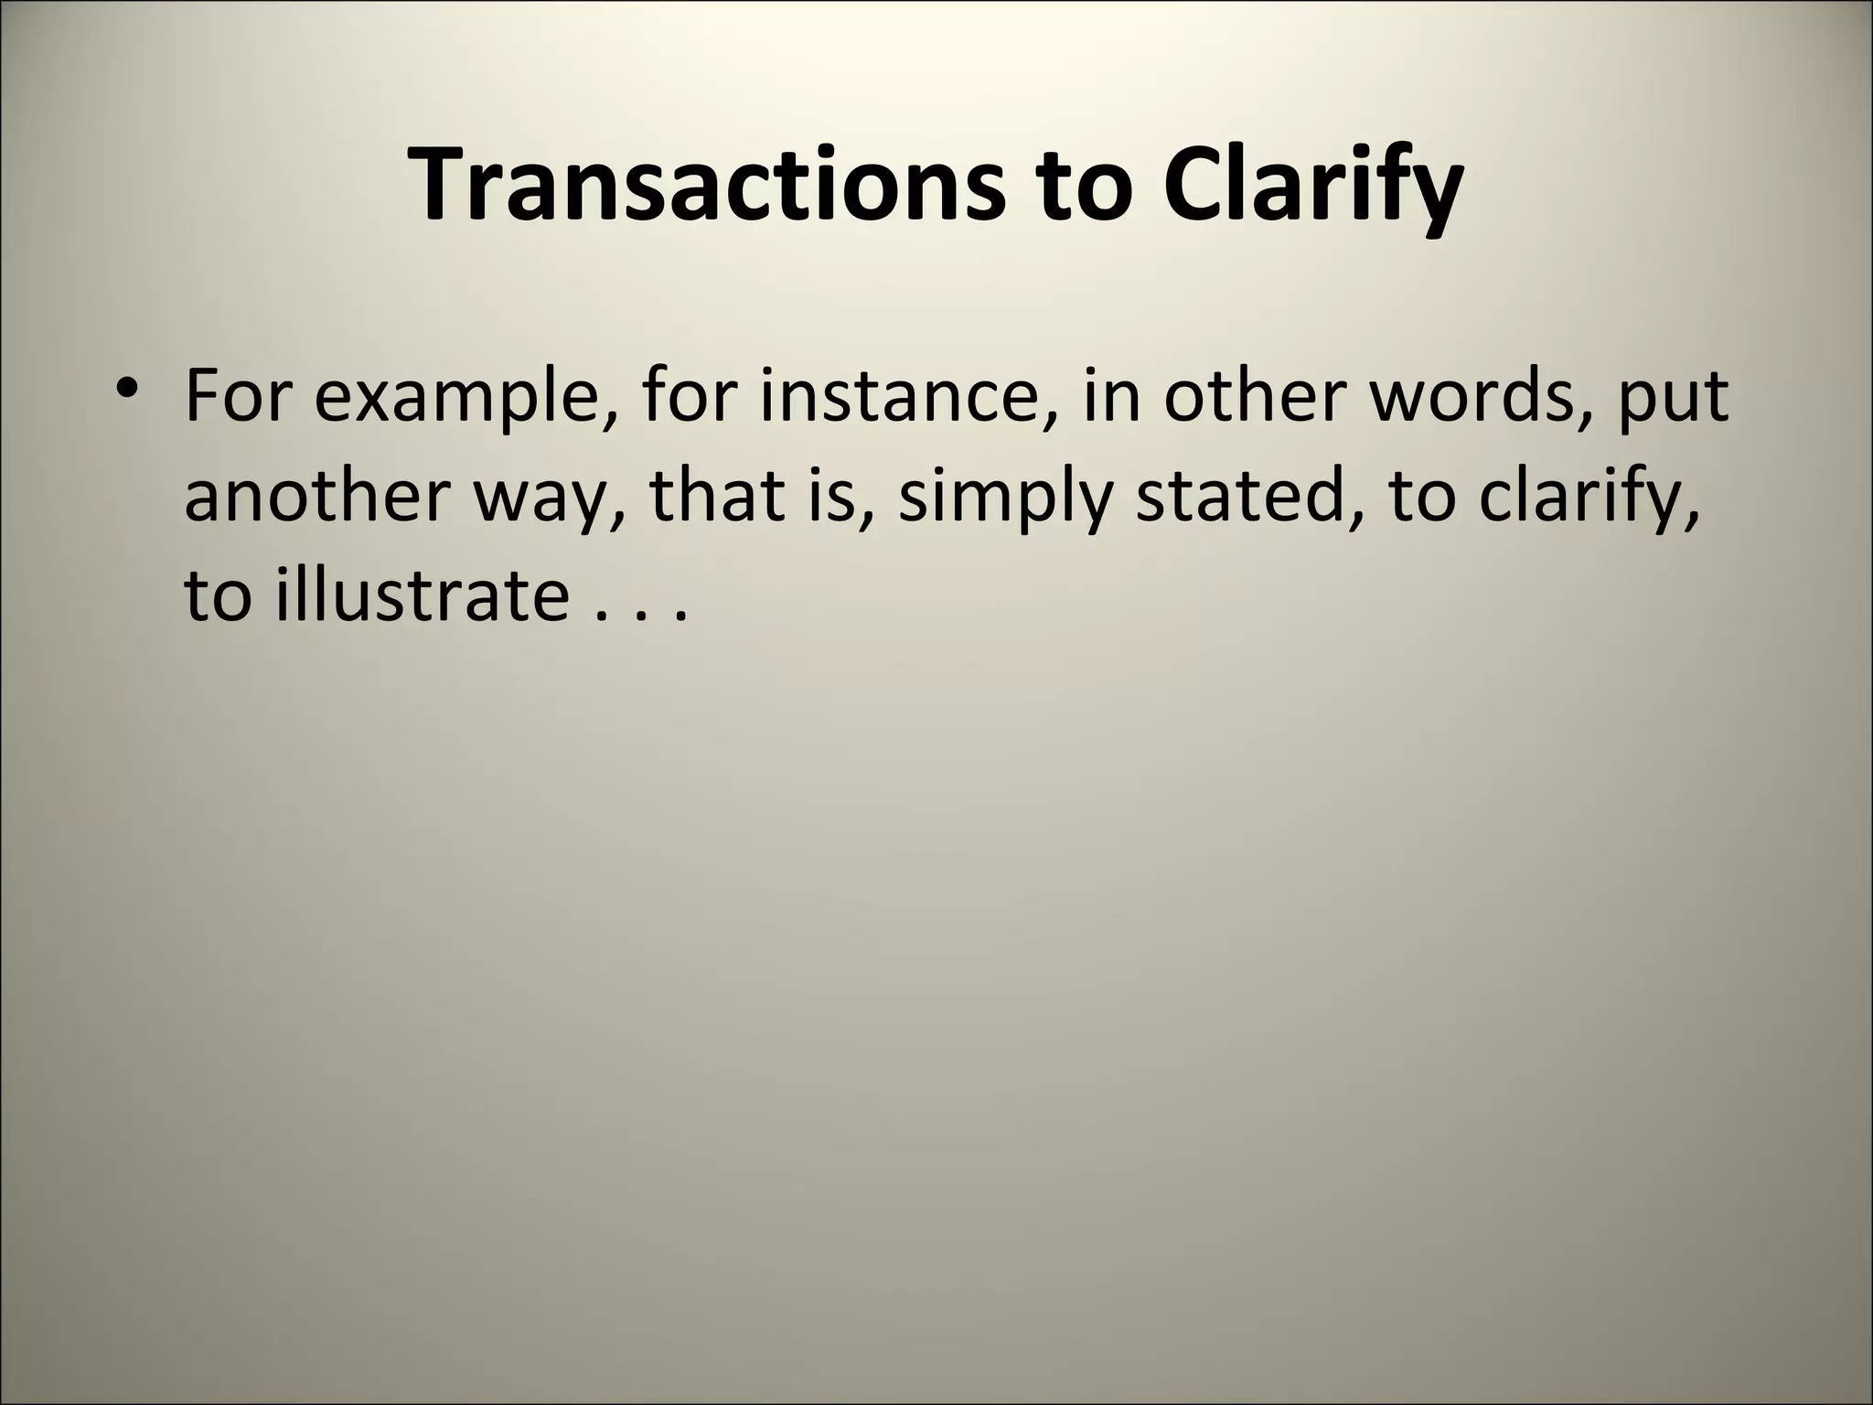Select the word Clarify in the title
tap(1313, 187)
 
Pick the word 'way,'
tap(550, 501)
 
